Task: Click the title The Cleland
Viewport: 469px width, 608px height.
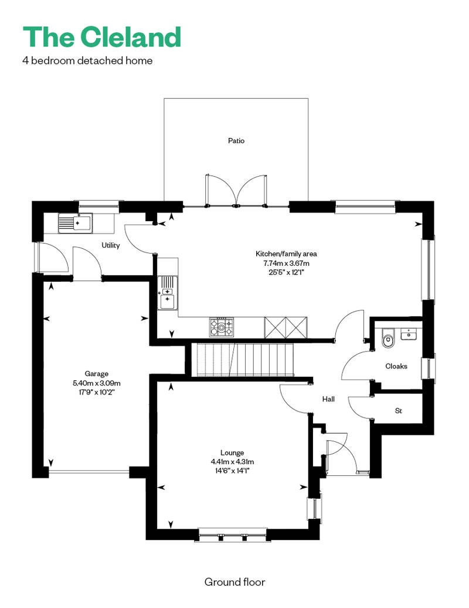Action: pyautogui.click(x=102, y=37)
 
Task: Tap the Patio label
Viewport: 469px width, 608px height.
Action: pyautogui.click(x=236, y=141)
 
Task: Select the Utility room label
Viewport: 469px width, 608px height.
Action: pyautogui.click(x=111, y=245)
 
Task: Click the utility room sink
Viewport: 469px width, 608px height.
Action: pyautogui.click(x=76, y=224)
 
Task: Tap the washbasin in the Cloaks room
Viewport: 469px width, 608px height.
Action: pyautogui.click(x=409, y=334)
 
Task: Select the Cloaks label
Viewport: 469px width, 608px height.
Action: pyautogui.click(x=396, y=366)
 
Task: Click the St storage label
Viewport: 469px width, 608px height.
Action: pyautogui.click(x=399, y=411)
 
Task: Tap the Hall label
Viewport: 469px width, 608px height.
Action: pyautogui.click(x=328, y=399)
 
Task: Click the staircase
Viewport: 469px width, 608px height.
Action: pyautogui.click(x=246, y=359)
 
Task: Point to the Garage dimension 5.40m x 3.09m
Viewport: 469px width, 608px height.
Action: pyautogui.click(x=96, y=383)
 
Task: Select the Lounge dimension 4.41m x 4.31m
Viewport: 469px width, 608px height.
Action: pyautogui.click(x=232, y=462)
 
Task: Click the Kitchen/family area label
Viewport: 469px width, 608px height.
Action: pyautogui.click(x=286, y=254)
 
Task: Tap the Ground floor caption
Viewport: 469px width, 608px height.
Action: pyautogui.click(x=235, y=582)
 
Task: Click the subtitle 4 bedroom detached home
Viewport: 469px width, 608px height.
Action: pyautogui.click(x=87, y=60)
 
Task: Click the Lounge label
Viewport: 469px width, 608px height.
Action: pyautogui.click(x=232, y=452)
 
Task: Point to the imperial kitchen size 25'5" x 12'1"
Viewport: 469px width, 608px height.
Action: pyautogui.click(x=287, y=272)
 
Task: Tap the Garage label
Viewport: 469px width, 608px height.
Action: pyautogui.click(x=96, y=374)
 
